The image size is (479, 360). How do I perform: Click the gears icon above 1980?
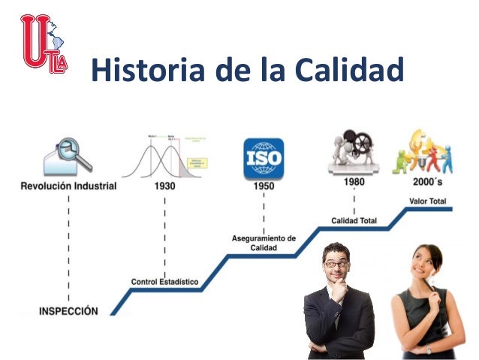coord(354,150)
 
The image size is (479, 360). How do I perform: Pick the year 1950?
coord(264,186)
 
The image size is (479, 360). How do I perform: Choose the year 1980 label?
coord(354,182)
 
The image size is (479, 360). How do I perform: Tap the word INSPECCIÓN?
coord(69,310)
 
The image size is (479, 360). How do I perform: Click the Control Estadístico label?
coord(165,282)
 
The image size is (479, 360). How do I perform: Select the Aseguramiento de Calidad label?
coord(264,243)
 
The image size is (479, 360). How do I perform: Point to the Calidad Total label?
coord(354,220)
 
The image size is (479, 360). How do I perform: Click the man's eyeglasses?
coord(336,264)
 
